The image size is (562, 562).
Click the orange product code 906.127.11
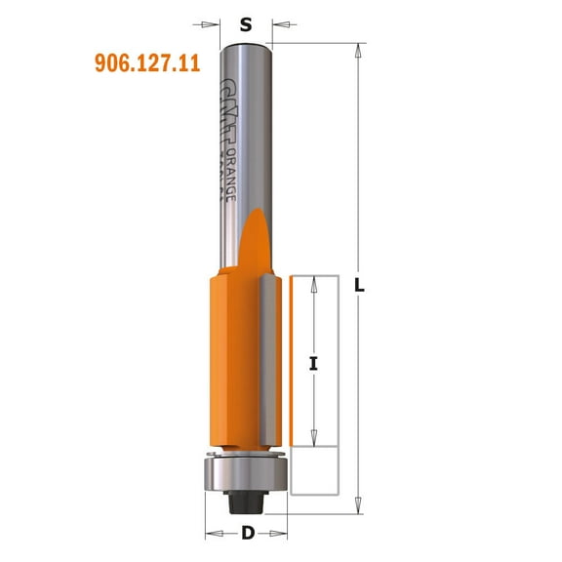click(146, 63)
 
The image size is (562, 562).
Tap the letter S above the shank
click(246, 26)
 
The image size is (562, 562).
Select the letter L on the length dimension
click(360, 286)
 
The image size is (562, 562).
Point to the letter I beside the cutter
click(313, 364)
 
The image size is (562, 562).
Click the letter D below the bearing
click(248, 534)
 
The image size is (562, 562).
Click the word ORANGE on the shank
click(231, 177)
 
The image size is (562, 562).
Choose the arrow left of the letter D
click(213, 534)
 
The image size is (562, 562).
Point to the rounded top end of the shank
click(246, 47)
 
